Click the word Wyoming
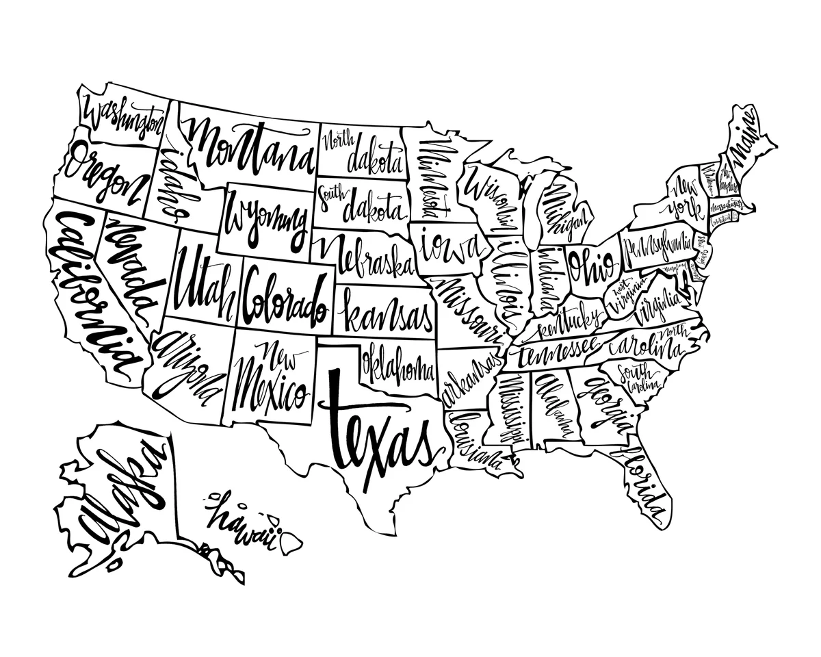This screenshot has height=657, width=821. [x=267, y=219]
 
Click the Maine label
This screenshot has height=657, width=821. [x=747, y=137]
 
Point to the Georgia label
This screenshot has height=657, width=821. [x=605, y=404]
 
